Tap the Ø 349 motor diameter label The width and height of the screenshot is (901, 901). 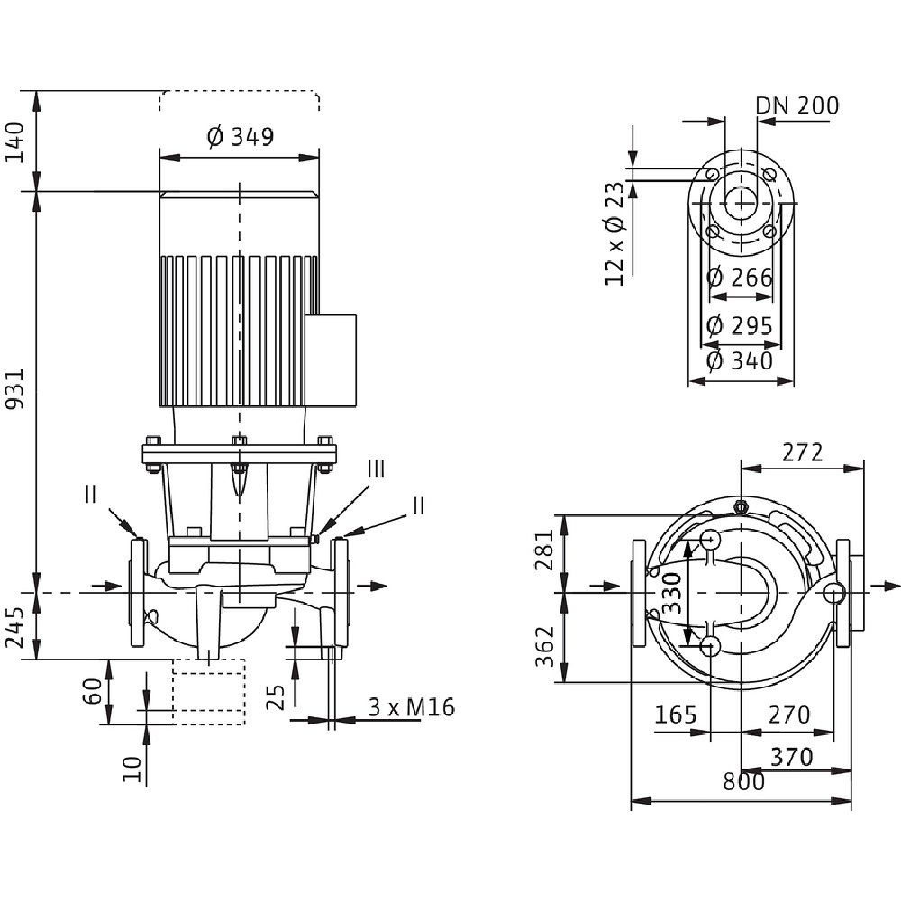[240, 137]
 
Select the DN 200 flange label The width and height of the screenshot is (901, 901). [796, 105]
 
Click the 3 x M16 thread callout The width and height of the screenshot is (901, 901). [411, 707]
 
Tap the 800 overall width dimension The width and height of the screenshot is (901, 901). [743, 781]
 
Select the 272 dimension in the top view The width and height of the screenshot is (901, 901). [802, 452]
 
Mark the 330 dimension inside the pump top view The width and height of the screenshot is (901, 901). [672, 593]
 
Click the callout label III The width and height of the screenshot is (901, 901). [376, 468]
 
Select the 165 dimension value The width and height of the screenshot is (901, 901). [675, 714]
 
